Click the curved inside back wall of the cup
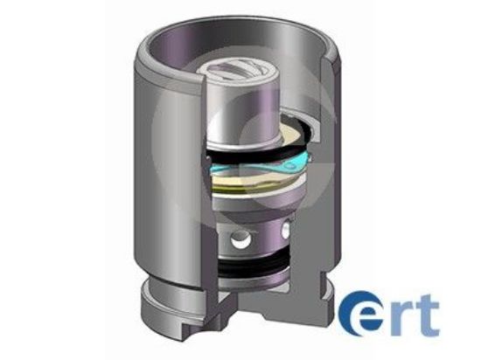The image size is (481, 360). pyautogui.click(x=289, y=79)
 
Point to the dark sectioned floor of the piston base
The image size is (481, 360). pyautogui.click(x=262, y=301)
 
